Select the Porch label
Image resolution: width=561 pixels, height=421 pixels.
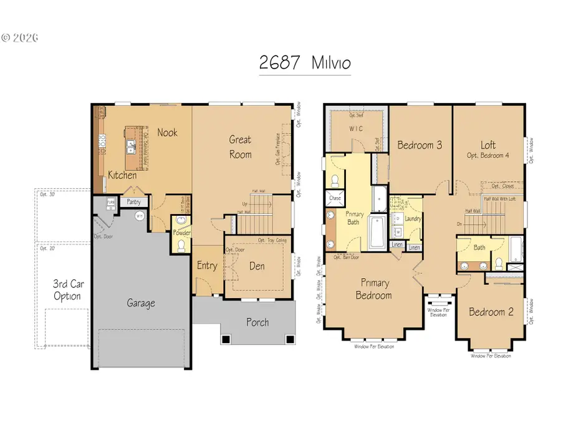point(257,322)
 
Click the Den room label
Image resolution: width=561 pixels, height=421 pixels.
point(257,266)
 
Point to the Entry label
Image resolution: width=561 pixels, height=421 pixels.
point(207,266)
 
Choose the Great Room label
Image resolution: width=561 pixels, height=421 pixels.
point(240,147)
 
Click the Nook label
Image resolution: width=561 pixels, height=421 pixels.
point(167,132)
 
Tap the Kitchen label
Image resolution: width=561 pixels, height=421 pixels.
point(122,175)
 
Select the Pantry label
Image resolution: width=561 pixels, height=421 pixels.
point(133,202)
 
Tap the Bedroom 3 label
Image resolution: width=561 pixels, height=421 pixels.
point(420,145)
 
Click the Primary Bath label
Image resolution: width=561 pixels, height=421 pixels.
point(354,218)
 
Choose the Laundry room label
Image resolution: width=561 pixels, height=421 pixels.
point(413,219)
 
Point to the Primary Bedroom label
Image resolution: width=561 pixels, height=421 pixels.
point(373,289)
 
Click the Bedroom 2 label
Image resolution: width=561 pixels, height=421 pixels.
point(491,312)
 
